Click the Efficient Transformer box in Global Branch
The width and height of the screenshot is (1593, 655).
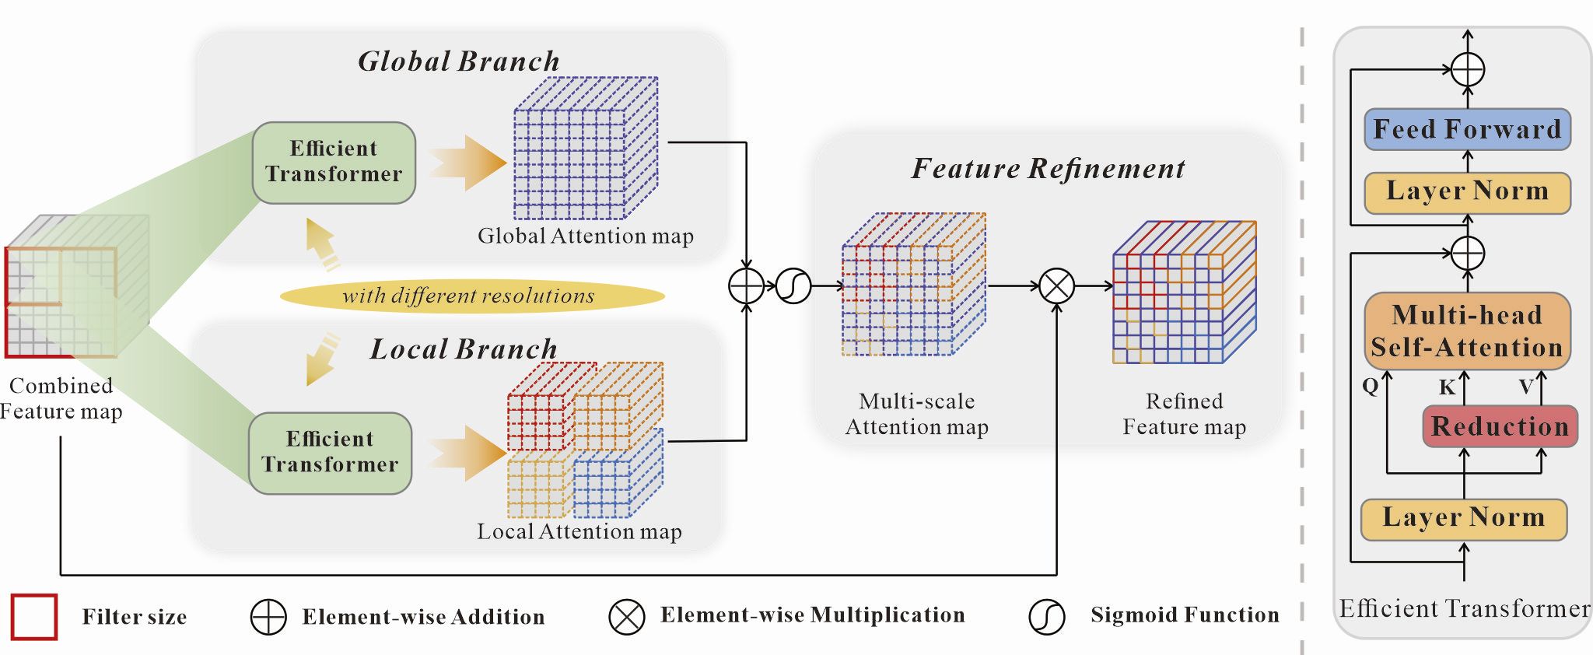334,162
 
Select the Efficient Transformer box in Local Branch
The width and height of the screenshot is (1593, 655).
330,452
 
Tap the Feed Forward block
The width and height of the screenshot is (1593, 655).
1467,129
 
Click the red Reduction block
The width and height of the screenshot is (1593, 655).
1500,426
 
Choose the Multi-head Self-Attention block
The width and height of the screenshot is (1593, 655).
1467,331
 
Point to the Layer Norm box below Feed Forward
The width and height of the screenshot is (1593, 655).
1467,191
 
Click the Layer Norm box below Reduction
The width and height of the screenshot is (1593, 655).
1463,519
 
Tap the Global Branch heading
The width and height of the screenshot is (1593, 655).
458,61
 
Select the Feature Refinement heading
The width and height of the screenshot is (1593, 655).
1048,168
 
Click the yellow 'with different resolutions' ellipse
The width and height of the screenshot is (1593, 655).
471,296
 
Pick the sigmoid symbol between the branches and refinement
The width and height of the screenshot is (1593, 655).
793,286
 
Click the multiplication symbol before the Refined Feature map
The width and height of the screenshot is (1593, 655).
1057,286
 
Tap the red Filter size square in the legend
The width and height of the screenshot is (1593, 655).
34,617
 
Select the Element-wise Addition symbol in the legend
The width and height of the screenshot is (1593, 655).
268,618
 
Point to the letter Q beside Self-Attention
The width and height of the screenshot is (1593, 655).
1371,385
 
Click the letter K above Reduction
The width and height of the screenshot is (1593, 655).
1447,387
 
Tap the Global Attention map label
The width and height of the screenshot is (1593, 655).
585,236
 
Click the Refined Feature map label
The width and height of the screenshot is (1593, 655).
1184,413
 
